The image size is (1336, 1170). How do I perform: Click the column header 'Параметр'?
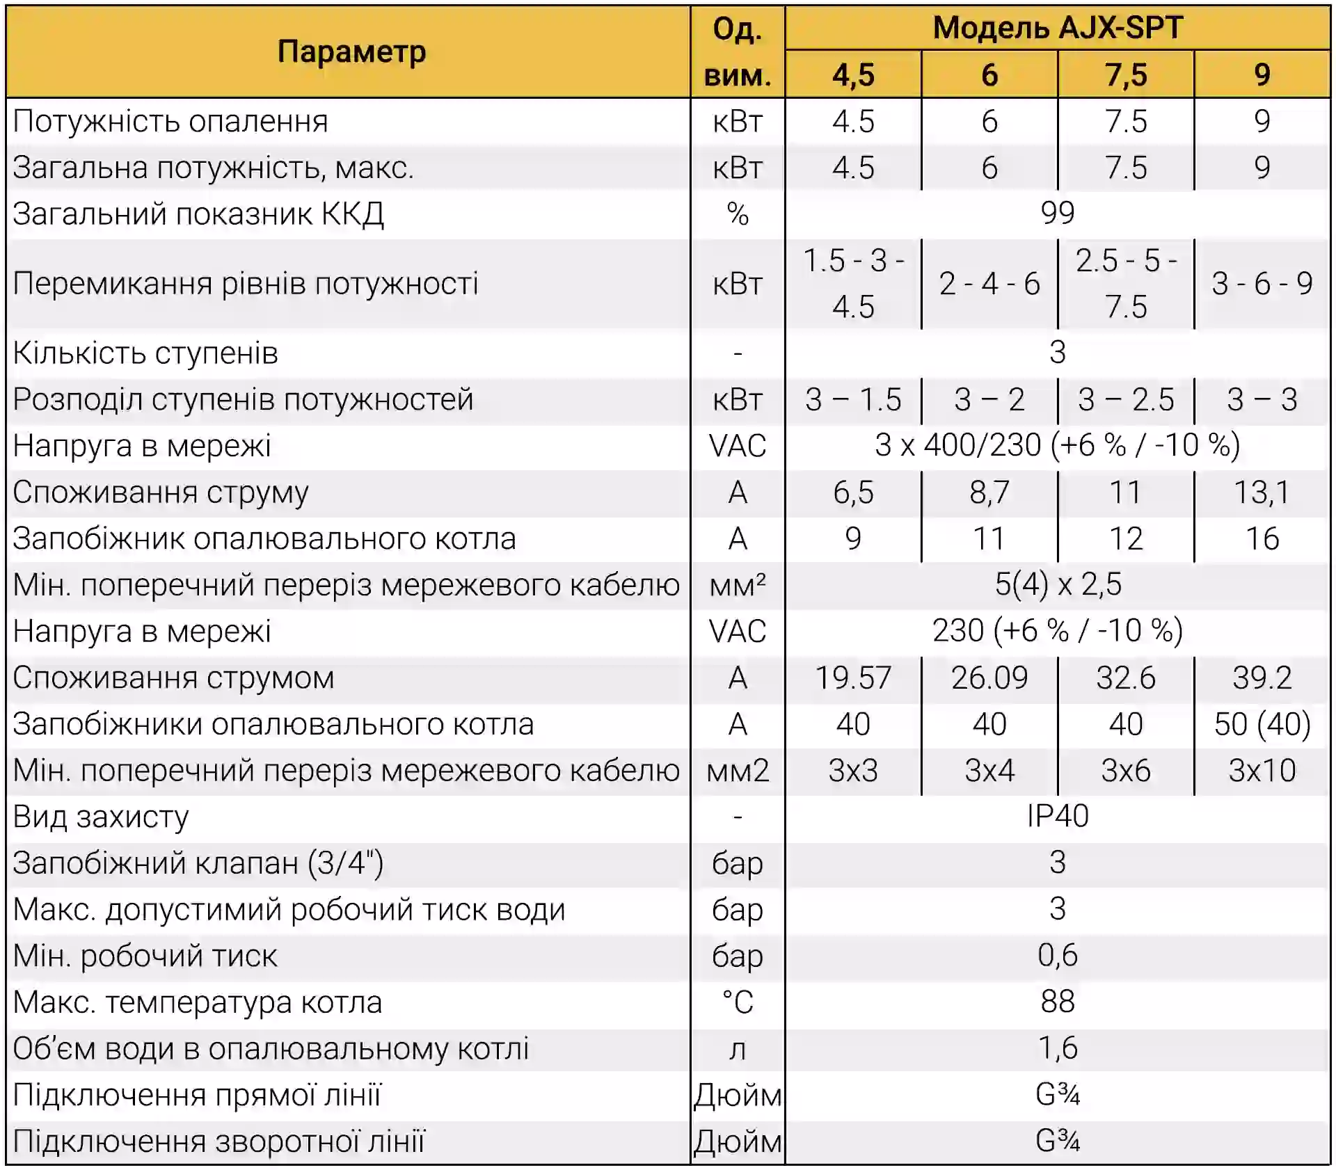351,52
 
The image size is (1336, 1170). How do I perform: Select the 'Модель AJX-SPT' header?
1057,28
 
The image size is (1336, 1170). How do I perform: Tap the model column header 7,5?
1125,74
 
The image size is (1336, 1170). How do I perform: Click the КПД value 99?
1057,213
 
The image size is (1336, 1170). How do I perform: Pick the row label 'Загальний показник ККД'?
198,214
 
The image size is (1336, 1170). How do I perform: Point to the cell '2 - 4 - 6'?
989,284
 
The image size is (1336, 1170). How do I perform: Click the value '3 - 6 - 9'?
1262,284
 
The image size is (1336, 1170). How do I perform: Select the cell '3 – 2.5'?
1125,400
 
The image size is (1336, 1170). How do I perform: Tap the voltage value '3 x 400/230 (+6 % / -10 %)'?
1057,445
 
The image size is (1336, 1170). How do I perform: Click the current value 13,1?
1262,492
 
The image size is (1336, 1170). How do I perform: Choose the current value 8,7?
989,492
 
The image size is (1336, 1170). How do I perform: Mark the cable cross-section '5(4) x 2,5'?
1057,584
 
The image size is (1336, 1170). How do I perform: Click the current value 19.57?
852,678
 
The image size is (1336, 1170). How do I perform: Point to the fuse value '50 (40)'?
1262,724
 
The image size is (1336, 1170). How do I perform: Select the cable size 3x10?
1262,771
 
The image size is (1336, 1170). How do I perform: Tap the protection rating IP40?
1057,816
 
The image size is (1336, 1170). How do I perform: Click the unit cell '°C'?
737,1002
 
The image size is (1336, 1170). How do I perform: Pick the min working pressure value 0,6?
1057,956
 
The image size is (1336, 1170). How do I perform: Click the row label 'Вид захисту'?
101,817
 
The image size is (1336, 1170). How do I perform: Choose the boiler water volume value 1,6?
1057,1048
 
